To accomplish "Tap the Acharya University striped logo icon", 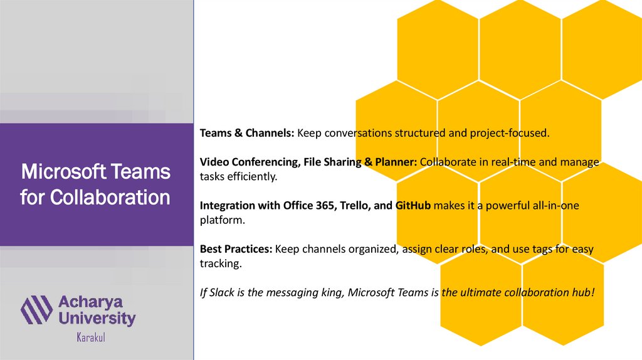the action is pos(36,310).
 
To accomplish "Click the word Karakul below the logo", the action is pos(91,337).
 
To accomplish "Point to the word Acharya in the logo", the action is pos(90,302).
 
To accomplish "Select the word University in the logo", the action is pos(97,318).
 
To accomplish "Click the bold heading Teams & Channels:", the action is pos(247,133).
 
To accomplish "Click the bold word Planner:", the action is pos(396,162).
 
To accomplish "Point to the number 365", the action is pos(325,205).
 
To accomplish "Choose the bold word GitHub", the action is pos(413,205).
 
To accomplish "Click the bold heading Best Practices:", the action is pos(236,248).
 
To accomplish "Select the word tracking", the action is pos(221,263).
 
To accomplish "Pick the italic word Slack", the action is pos(221,292).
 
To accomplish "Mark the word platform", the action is pos(223,220).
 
